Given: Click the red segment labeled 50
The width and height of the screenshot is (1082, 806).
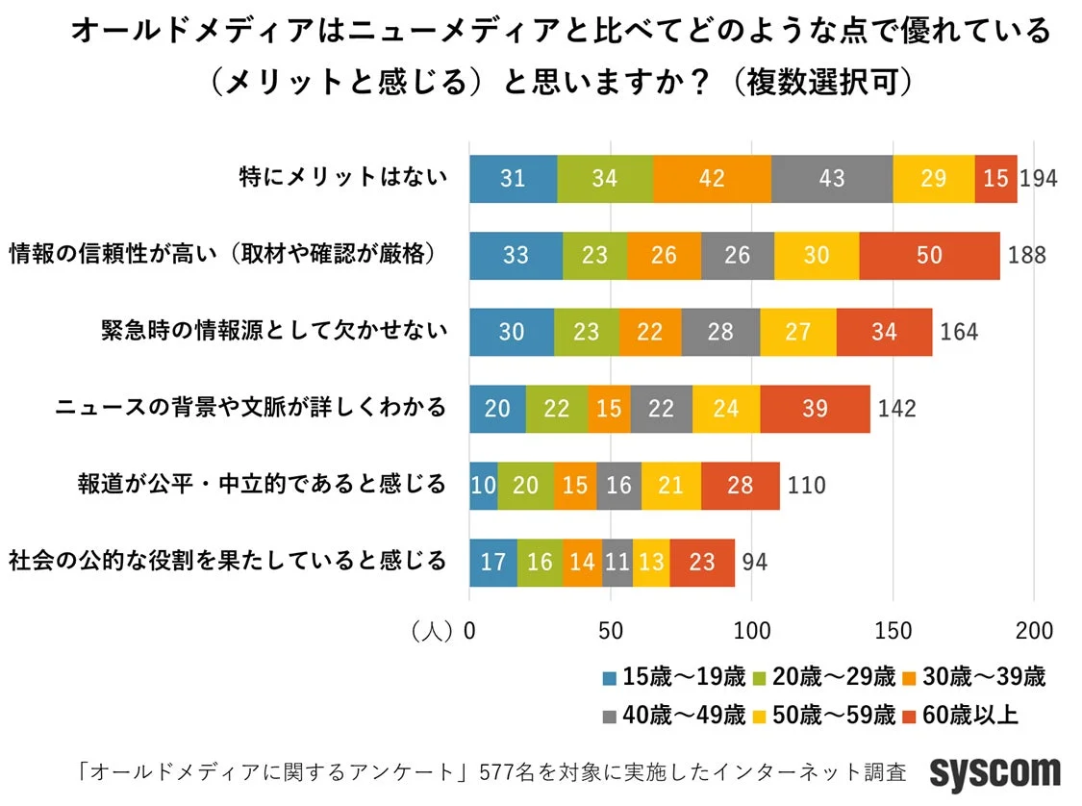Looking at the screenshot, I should click(x=929, y=255).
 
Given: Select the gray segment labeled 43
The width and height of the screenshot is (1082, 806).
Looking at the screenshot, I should click(x=831, y=178).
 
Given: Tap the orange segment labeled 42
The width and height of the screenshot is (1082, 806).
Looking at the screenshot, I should click(x=712, y=178).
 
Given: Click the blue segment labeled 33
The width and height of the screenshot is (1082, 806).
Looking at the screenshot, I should click(x=516, y=255).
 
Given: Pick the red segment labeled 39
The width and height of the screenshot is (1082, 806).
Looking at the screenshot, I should click(x=815, y=408).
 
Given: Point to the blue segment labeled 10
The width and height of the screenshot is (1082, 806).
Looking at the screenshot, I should click(x=483, y=485).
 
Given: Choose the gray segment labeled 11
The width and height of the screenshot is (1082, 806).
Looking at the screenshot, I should click(x=616, y=562).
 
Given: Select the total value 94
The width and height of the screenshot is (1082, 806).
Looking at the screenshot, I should click(x=755, y=562).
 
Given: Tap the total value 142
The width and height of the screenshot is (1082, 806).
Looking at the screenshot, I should click(x=896, y=408).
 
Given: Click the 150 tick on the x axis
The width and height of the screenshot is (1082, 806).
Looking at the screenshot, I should click(x=893, y=631).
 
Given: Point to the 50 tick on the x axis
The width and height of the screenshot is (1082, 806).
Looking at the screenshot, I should click(x=610, y=631).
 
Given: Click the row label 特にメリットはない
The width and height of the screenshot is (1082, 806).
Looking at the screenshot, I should click(x=342, y=178).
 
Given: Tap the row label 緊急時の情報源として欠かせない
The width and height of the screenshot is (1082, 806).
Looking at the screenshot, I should click(x=275, y=331).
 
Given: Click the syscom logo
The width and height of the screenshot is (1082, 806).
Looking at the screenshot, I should click(x=994, y=772).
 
